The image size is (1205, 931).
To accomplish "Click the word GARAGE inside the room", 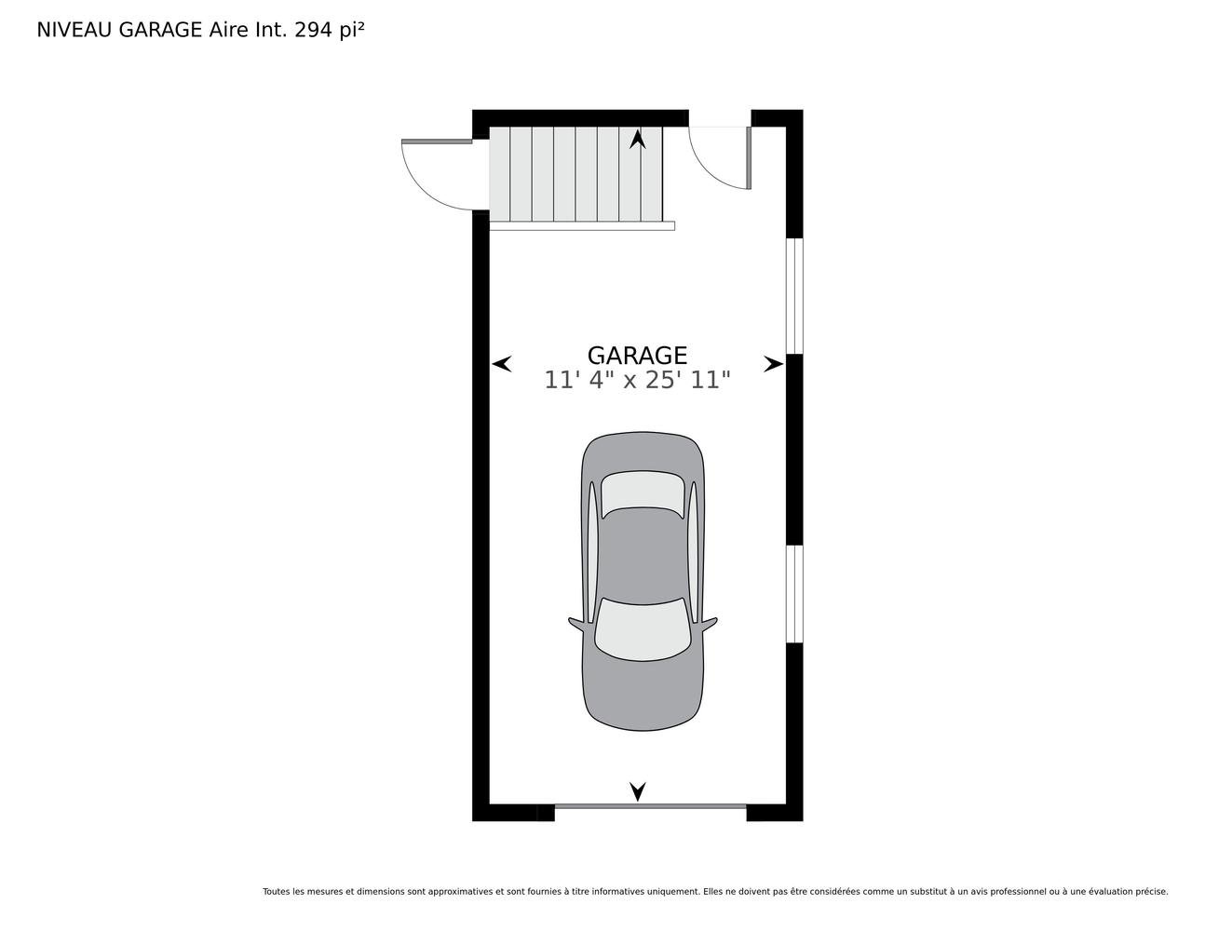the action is point(637,356).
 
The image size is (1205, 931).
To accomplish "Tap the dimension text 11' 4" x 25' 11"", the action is point(637,380).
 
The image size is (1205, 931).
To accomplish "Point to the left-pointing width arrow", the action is point(502,364).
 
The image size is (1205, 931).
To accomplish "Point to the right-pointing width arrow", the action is point(774,364).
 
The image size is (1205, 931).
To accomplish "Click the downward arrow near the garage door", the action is point(638,791).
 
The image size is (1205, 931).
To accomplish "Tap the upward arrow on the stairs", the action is point(638,139).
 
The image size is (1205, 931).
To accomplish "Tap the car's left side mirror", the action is point(576,624).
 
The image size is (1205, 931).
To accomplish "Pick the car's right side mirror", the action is point(709,624).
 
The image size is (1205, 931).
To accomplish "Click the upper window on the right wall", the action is point(794,296).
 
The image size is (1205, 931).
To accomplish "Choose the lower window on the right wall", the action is point(794,594).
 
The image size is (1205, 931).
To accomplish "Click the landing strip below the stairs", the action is point(582,225).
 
